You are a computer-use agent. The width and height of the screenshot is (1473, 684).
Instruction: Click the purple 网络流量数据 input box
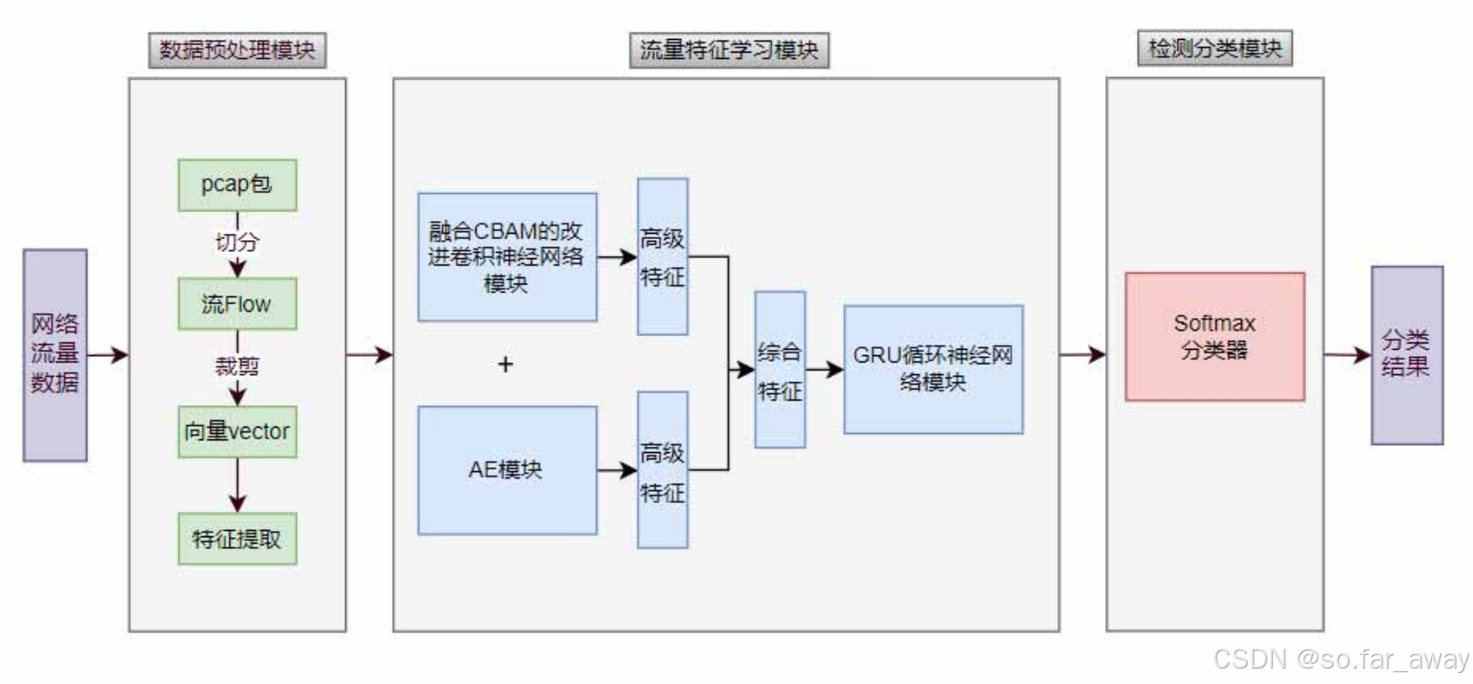click(55, 354)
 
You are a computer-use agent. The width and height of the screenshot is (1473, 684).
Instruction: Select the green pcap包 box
click(236, 185)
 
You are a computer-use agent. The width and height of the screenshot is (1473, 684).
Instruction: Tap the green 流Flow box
click(236, 303)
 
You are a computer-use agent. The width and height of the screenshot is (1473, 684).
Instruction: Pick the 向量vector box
click(236, 431)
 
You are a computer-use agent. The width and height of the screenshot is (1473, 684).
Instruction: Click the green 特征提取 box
click(236, 539)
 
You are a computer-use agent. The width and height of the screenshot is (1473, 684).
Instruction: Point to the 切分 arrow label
click(236, 242)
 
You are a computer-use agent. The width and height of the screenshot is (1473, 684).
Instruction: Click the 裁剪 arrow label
click(236, 366)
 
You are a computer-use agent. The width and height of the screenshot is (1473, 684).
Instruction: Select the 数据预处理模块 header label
click(236, 50)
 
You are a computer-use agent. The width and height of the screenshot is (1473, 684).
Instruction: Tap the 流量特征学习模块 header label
click(728, 50)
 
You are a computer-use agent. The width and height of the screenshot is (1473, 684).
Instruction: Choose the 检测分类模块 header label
click(1215, 48)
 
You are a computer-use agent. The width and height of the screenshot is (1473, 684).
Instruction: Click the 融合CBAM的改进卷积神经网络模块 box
click(506, 256)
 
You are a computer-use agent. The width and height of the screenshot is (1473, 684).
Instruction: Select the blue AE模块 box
click(506, 469)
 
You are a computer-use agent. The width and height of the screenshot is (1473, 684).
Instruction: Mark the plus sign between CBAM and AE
click(505, 364)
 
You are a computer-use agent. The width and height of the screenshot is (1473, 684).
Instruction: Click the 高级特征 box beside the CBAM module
click(662, 256)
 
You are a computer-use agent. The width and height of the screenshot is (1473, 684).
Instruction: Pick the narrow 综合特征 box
click(779, 370)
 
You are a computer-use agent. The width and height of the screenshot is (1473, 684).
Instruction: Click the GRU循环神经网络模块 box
click(933, 369)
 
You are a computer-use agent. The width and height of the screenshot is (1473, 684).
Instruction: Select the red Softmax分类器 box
click(1215, 336)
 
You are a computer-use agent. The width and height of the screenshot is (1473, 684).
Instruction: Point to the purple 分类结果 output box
click(1406, 354)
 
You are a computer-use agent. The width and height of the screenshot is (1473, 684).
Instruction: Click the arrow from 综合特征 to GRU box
click(823, 370)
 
